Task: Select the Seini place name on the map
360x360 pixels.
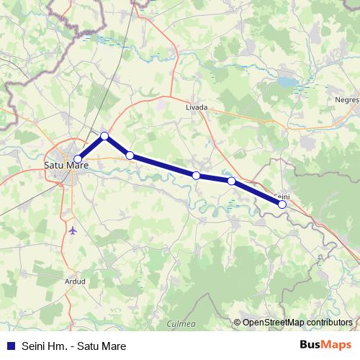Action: tap(282, 196)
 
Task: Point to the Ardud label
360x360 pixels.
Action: tap(74, 281)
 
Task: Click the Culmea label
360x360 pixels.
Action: tap(181, 324)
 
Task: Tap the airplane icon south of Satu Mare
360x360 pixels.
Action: tap(74, 230)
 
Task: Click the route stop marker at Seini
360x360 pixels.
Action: tap(282, 204)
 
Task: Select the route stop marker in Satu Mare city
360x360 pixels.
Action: tap(78, 160)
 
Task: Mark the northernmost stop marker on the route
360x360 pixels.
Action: tap(104, 136)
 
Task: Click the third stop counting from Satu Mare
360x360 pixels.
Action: tap(130, 155)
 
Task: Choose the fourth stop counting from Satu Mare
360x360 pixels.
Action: tap(196, 175)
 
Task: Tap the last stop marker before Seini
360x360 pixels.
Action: tap(231, 181)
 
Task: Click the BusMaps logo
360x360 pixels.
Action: tap(325, 346)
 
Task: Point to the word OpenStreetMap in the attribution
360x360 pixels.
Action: tap(273, 323)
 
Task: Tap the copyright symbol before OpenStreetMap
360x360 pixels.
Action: tap(238, 323)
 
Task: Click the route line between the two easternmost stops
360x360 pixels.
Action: tap(257, 193)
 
